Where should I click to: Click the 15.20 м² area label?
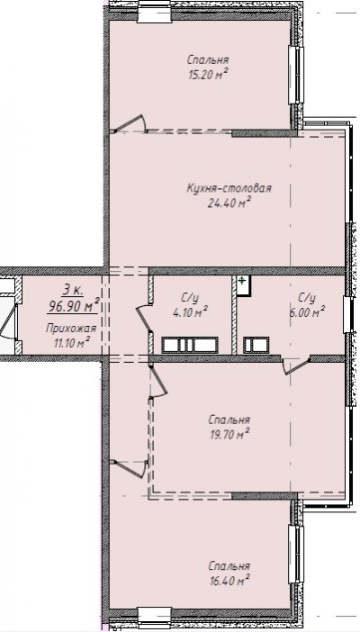[x=208, y=75]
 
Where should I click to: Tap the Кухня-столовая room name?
[x=229, y=188]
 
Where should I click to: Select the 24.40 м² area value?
[x=229, y=203]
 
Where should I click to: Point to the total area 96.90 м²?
[x=74, y=306]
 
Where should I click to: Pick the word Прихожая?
[x=71, y=329]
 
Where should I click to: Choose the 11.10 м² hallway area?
[x=71, y=343]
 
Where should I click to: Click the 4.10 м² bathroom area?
[x=190, y=311]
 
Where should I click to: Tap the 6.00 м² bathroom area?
[x=307, y=311]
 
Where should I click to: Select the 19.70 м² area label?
[x=229, y=435]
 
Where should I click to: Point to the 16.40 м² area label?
[x=229, y=581]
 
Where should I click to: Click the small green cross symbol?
[x=241, y=280]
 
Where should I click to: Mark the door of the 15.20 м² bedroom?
[x=130, y=123]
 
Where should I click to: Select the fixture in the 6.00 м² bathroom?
[x=256, y=346]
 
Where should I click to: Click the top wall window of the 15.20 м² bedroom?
[x=155, y=13]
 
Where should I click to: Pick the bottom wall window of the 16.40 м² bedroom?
[x=155, y=617]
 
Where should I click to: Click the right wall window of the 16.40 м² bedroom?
[x=296, y=554]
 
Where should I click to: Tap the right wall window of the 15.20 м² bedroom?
[x=296, y=75]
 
